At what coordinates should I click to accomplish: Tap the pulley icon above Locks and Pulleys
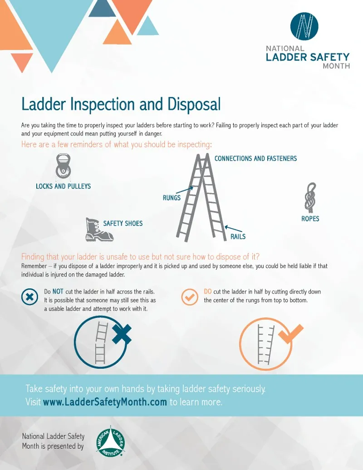coord(63,167)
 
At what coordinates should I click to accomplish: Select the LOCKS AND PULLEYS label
coord(63,186)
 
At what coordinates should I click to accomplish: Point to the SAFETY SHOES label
coord(123,223)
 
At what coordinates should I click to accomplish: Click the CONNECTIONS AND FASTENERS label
coord(255,158)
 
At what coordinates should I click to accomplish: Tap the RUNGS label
coord(172,198)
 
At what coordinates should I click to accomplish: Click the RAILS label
coord(238,237)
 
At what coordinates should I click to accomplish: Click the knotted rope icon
coord(310,197)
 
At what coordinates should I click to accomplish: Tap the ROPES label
coord(310,218)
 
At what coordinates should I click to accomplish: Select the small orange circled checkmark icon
coord(189,297)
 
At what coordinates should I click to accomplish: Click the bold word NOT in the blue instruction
coord(58,292)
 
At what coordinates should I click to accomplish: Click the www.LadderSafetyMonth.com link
coord(105,402)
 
